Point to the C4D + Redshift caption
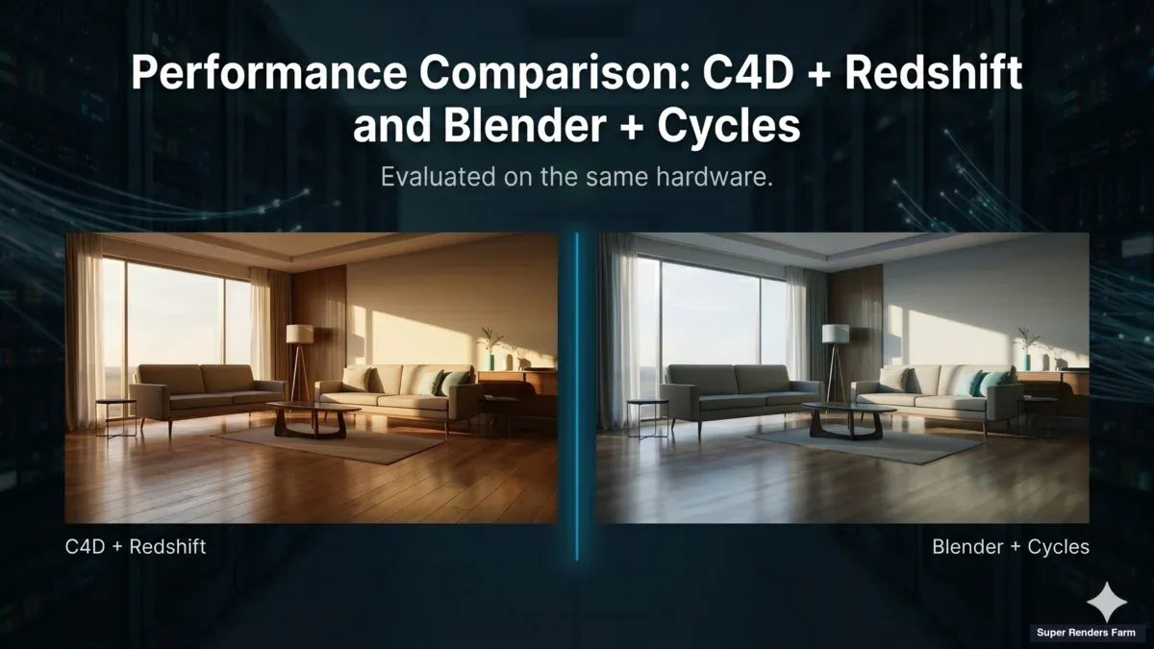tap(136, 547)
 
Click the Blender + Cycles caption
tap(1011, 547)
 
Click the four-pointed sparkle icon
tap(1106, 602)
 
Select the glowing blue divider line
tap(577, 394)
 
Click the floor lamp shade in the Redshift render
tap(300, 334)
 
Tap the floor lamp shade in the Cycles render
tap(835, 334)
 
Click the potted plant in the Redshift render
tap(490, 347)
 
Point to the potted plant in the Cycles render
tap(1026, 347)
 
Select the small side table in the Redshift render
tap(115, 414)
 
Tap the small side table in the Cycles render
tap(648, 414)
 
